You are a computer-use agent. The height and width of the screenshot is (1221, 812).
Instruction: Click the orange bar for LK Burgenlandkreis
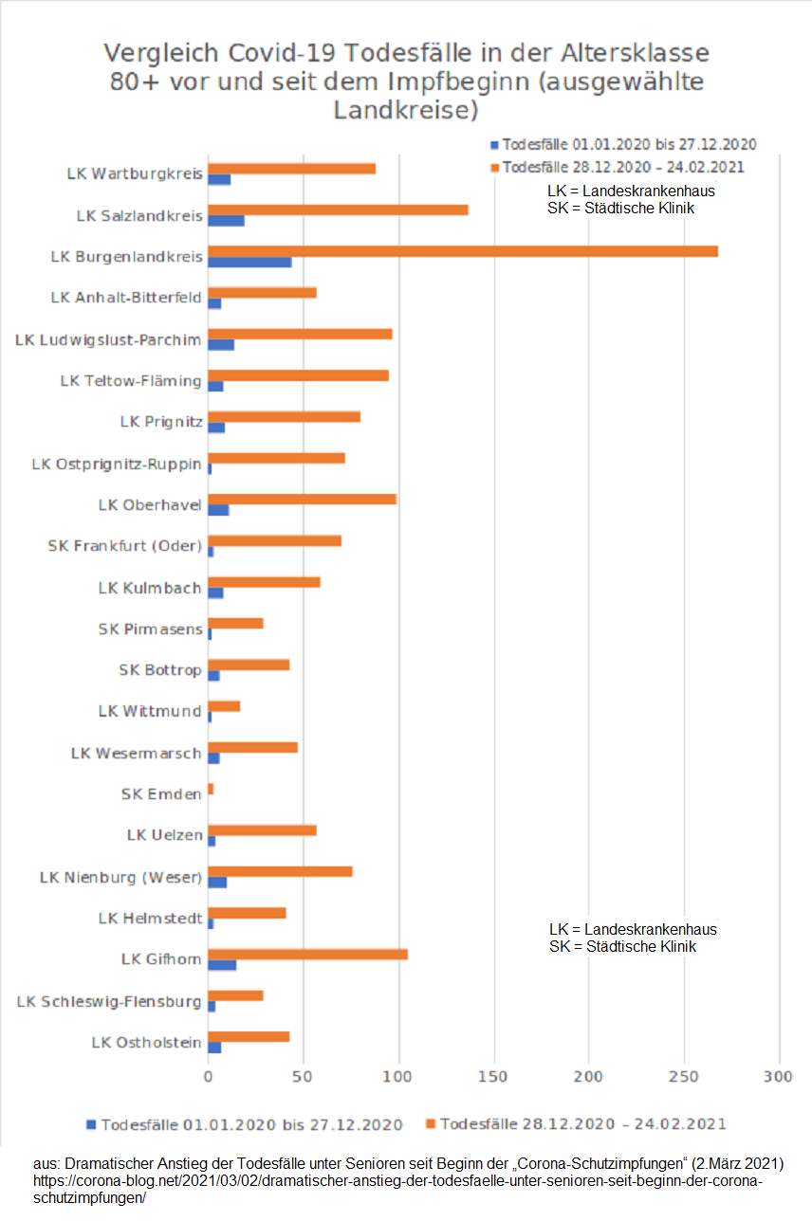pyautogui.click(x=463, y=251)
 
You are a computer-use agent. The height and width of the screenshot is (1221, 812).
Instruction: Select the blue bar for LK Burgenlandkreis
pyautogui.click(x=249, y=262)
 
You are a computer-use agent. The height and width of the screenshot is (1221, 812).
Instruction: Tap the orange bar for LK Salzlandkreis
pyautogui.click(x=338, y=210)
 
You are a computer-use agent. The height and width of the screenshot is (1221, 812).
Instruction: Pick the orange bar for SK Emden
pyautogui.click(x=211, y=789)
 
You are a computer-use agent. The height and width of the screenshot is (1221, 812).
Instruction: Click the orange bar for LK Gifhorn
pyautogui.click(x=307, y=955)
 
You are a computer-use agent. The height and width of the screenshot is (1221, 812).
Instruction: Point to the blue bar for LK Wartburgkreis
pyautogui.click(x=219, y=179)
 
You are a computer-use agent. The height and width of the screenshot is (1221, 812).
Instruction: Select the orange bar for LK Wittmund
pyautogui.click(x=224, y=706)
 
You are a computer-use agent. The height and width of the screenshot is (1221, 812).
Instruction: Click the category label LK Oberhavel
pyautogui.click(x=150, y=505)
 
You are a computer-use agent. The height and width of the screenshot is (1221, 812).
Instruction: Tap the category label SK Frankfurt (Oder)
pyautogui.click(x=124, y=546)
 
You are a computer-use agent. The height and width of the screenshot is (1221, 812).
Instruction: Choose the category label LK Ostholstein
pyautogui.click(x=146, y=1043)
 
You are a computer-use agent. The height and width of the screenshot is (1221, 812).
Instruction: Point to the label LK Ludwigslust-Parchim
pyautogui.click(x=108, y=339)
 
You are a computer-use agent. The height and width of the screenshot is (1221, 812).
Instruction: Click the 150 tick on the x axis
pyautogui.click(x=493, y=1077)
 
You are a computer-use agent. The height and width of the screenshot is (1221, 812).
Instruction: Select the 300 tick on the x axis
pyautogui.click(x=779, y=1077)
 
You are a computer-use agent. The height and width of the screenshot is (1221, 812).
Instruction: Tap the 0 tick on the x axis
pyautogui.click(x=209, y=1077)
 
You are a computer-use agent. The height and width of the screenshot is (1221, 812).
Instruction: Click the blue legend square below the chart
pyautogui.click(x=91, y=1124)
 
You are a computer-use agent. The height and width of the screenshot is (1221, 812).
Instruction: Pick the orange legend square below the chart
pyautogui.click(x=431, y=1124)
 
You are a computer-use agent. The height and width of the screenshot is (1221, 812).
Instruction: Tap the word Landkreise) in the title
pyautogui.click(x=405, y=110)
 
